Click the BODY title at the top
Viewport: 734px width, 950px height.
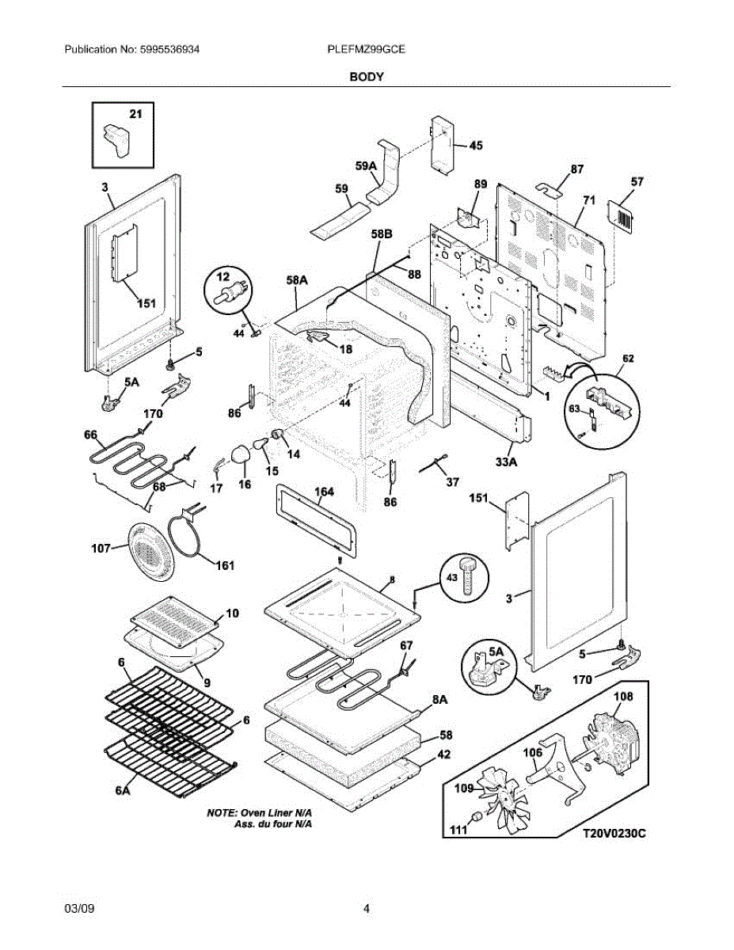point(367,77)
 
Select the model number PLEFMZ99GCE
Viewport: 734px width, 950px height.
point(367,49)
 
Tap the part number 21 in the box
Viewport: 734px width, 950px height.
point(135,114)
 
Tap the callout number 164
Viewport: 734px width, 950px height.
point(323,492)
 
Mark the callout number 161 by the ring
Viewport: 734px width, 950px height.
point(224,565)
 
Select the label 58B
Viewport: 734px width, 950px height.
point(382,235)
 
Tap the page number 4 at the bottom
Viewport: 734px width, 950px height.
point(367,909)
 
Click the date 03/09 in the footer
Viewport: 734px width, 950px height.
point(78,909)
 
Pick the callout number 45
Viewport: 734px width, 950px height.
point(475,146)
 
